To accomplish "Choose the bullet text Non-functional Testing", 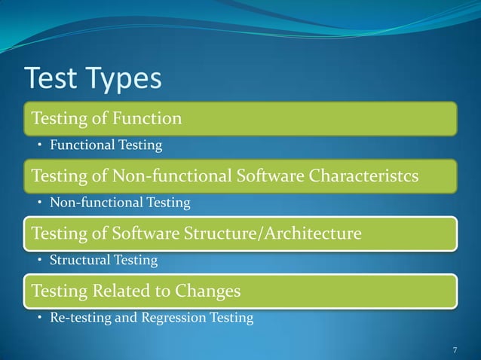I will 120,203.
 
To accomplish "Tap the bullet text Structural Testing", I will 103,261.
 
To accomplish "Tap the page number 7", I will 455,349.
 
